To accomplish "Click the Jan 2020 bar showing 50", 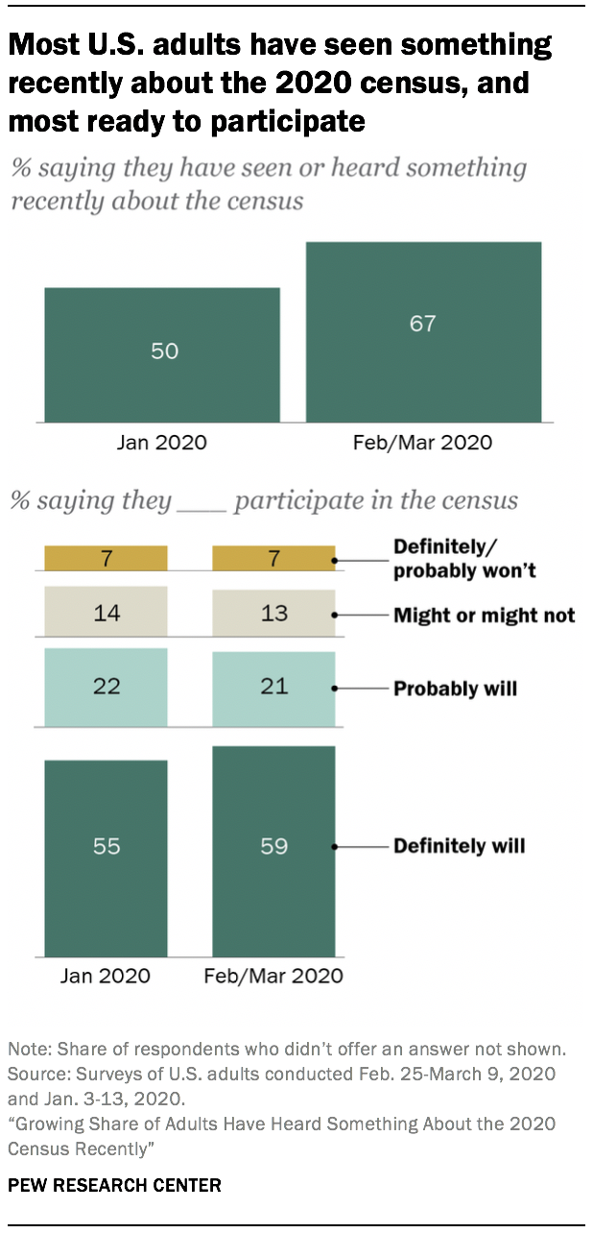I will point(162,354).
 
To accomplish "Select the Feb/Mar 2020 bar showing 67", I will point(423,331).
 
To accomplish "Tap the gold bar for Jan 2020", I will point(107,559).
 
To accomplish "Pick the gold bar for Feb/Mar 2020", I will point(273,559).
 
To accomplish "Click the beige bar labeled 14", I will point(107,612).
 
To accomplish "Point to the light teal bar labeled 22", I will point(107,688).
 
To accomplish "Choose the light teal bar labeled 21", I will point(273,689).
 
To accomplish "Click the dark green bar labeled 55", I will point(107,858).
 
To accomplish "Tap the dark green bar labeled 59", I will point(273,851).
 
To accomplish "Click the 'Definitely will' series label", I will point(459,846).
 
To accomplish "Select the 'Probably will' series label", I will point(455,689).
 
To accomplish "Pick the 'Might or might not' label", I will point(484,615).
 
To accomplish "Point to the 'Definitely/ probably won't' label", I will point(463,559).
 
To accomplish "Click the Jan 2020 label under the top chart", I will point(162,443).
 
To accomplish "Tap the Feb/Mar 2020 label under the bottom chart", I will point(273,976).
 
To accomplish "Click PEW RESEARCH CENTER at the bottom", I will point(114,1185).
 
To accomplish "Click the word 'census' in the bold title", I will point(443,84).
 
